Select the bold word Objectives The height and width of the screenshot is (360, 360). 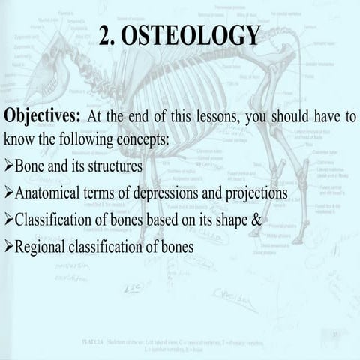[x=42, y=117]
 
